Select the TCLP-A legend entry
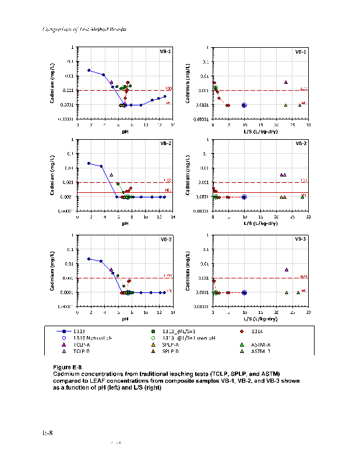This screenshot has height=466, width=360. (x=82, y=344)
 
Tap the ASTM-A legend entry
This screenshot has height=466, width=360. (x=259, y=344)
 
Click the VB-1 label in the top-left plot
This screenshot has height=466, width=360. (x=165, y=51)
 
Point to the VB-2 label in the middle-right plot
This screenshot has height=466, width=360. (x=301, y=143)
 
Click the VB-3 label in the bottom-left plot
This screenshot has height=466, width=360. (x=165, y=239)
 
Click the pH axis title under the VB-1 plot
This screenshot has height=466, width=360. (x=125, y=132)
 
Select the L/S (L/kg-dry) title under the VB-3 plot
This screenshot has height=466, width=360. (x=260, y=319)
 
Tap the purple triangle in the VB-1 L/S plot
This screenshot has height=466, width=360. (x=286, y=82)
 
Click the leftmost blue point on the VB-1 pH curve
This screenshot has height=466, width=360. (x=89, y=70)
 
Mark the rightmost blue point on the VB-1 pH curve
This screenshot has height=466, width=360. (x=165, y=96)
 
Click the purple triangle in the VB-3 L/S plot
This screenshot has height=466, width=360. (x=287, y=270)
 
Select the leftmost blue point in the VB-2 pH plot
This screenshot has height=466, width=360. (x=89, y=163)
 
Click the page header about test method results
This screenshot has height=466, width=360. (x=85, y=29)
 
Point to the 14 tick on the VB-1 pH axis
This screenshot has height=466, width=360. (x=172, y=125)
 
